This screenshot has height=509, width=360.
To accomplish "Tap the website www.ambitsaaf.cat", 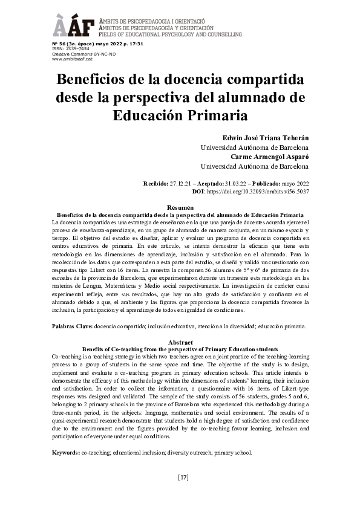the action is click(72, 59).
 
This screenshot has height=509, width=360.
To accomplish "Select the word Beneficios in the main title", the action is click(95, 80).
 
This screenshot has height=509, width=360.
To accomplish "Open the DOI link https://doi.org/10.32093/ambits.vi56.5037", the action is click(258, 191).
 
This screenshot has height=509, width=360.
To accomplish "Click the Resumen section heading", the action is click(180, 208).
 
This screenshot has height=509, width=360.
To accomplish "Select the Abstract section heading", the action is click(180, 342).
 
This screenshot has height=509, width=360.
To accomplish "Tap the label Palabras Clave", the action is click(72, 326).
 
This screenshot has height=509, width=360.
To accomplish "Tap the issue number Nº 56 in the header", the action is click(59, 45).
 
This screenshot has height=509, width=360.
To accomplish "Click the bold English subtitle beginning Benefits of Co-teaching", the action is click(180, 349).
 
